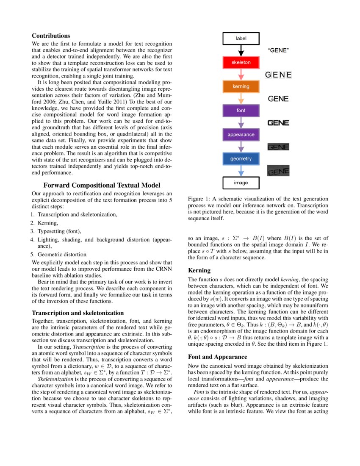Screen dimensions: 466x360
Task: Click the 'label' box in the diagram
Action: click(x=241, y=39)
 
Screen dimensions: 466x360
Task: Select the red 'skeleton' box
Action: click(x=241, y=62)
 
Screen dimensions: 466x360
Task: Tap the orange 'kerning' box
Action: click(x=241, y=86)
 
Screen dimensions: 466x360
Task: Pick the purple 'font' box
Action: click(x=241, y=111)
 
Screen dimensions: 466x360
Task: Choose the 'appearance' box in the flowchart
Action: click(x=241, y=135)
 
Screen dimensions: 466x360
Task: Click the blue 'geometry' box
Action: click(x=241, y=159)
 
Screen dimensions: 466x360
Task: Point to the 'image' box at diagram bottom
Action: click(x=241, y=183)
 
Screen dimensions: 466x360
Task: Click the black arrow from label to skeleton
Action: click(x=241, y=50)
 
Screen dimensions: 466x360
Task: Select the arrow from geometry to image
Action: click(x=241, y=171)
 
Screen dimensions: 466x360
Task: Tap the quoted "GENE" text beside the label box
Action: click(x=278, y=50)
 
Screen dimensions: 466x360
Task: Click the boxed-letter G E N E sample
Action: click(x=278, y=75)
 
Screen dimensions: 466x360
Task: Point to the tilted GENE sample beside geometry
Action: click(x=278, y=171)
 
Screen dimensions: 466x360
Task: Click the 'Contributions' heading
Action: click(x=51, y=36)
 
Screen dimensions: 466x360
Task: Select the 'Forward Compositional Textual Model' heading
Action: click(x=102, y=185)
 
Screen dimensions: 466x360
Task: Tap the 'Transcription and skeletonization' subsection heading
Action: click(x=78, y=313)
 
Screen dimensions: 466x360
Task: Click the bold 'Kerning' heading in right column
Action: click(x=199, y=270)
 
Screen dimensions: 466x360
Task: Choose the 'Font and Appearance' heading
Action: click(x=217, y=357)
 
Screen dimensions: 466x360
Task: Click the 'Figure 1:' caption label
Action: click(x=200, y=199)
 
